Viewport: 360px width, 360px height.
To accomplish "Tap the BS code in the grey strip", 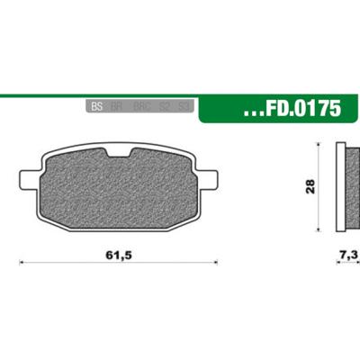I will [97, 106].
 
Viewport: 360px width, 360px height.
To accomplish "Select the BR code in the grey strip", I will [117, 106].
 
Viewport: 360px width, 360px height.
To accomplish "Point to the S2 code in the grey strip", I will [164, 106].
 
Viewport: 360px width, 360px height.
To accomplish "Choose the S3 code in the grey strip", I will [183, 106].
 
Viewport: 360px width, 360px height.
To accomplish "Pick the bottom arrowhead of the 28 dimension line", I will [319, 229].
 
